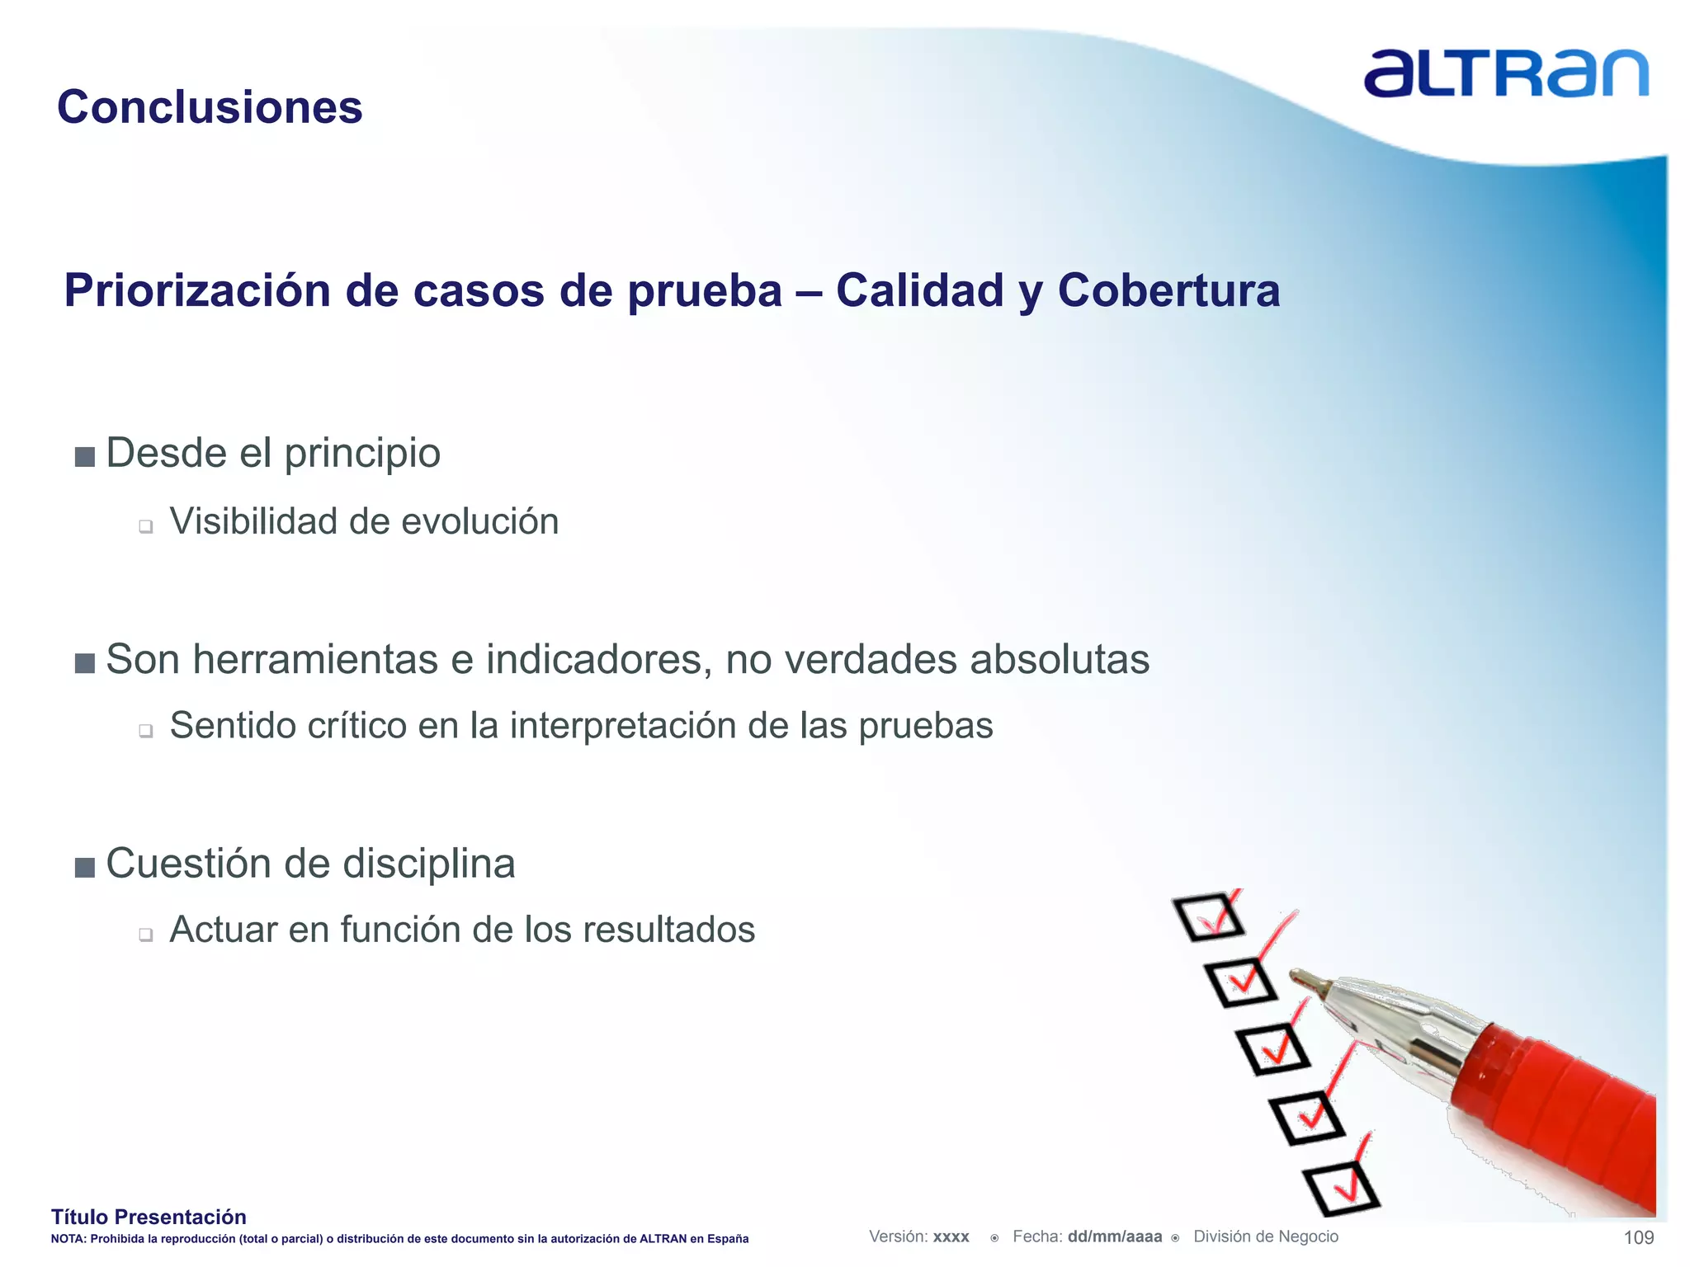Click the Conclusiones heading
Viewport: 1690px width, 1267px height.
point(210,107)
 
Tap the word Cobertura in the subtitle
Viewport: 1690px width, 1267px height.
point(1168,290)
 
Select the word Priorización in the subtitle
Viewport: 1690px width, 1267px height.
point(197,290)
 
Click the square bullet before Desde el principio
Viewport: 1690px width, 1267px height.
point(85,456)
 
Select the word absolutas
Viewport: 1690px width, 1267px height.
point(1060,659)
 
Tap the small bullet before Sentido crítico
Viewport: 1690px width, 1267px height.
point(146,730)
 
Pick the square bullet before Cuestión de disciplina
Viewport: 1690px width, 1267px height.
point(85,867)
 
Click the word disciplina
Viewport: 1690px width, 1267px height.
point(428,864)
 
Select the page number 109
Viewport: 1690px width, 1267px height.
point(1638,1237)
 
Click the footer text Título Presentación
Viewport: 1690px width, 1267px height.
point(149,1217)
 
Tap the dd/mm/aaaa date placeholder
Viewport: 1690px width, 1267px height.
point(1114,1236)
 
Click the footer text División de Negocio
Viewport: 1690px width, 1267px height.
point(1266,1236)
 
